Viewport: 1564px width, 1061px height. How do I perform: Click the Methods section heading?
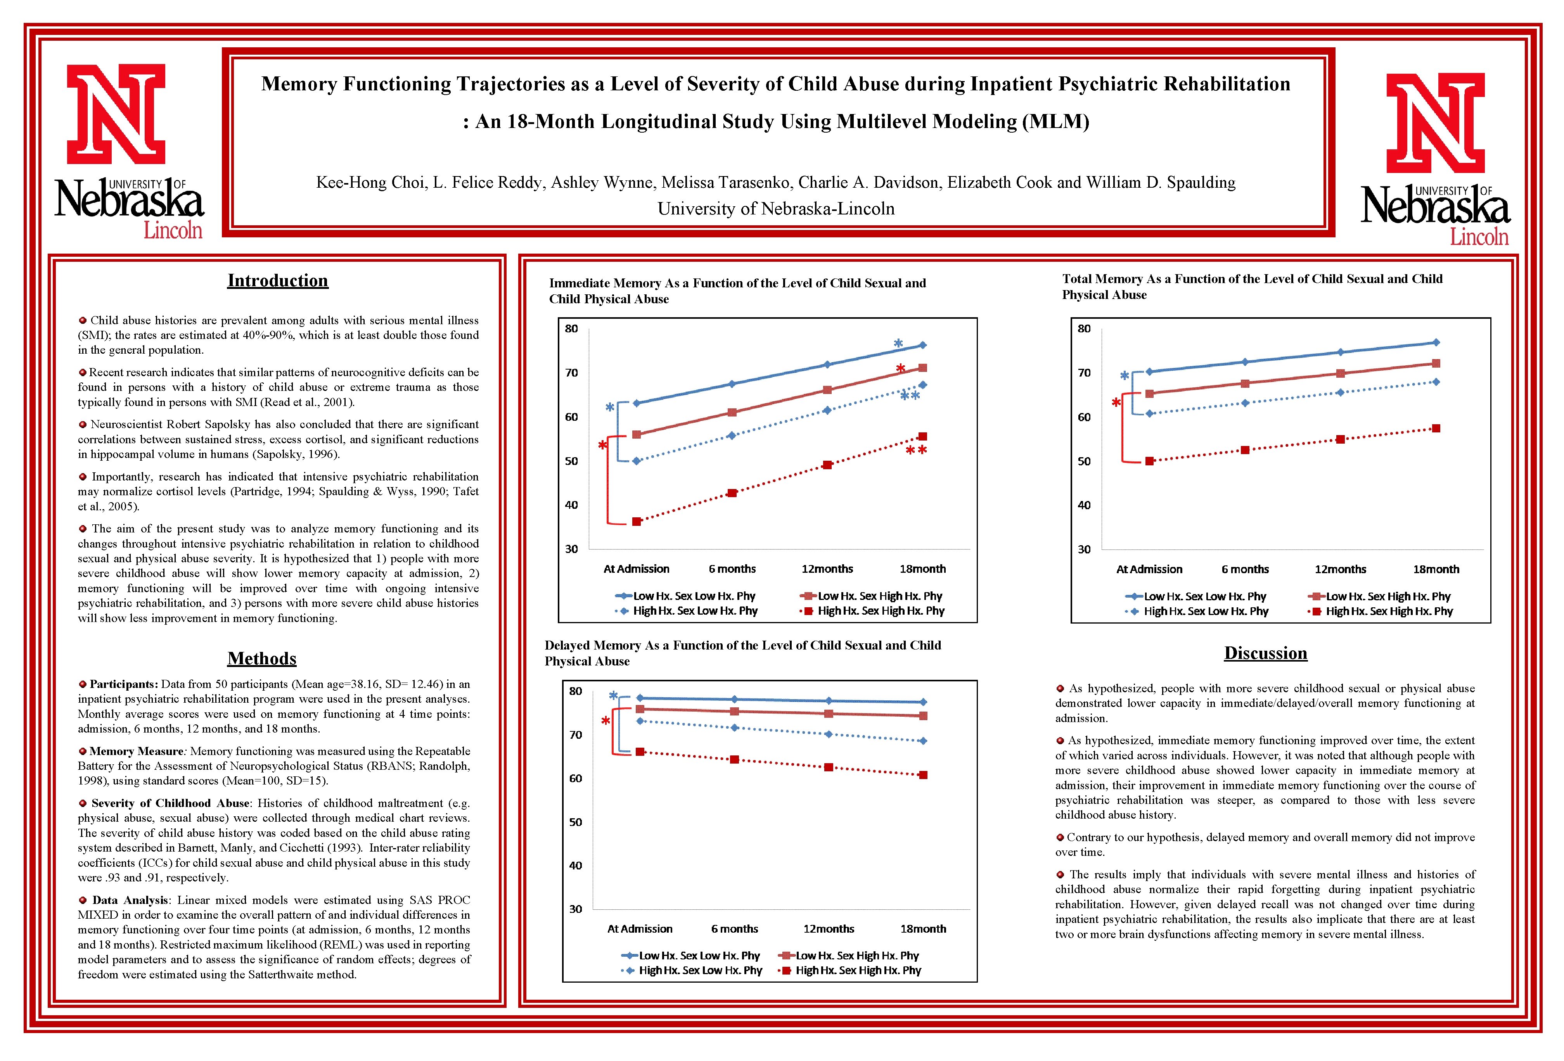click(x=262, y=659)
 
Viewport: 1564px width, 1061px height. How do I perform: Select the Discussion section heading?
click(x=1265, y=653)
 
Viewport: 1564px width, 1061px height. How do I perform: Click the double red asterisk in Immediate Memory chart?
click(x=916, y=451)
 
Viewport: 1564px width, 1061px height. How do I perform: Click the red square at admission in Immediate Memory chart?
click(x=637, y=522)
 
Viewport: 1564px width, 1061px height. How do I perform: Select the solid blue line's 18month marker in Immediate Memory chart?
click(x=923, y=345)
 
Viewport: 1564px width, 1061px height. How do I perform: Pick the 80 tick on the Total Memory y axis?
click(x=1083, y=329)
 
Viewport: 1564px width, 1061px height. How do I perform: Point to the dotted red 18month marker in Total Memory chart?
click(x=1436, y=429)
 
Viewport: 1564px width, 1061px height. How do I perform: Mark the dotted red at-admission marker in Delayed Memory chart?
click(x=640, y=752)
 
